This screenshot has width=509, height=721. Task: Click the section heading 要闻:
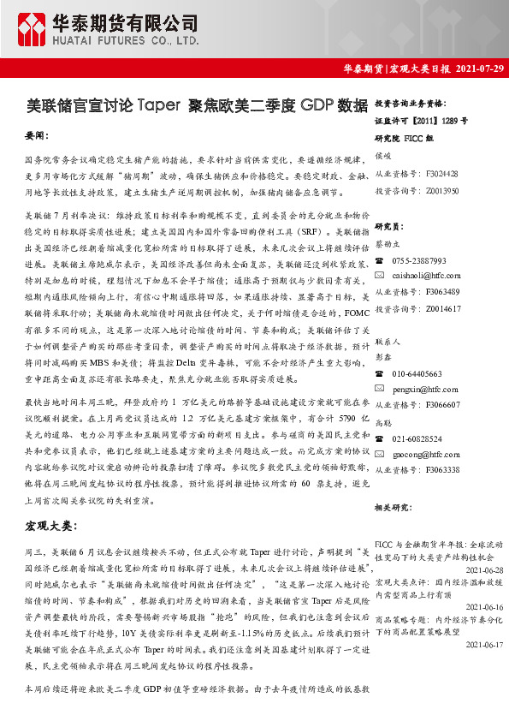[x=37, y=135]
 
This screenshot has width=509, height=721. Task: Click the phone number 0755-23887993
[x=419, y=259]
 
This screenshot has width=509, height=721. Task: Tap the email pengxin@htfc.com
[x=419, y=389]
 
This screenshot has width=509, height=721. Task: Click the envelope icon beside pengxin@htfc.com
[x=381, y=389]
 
